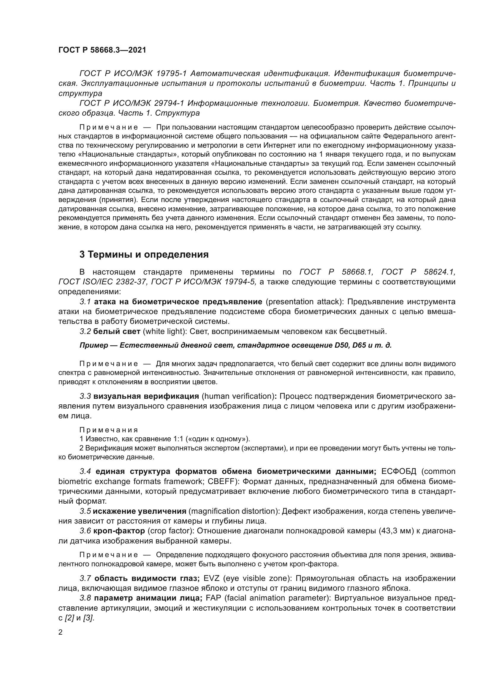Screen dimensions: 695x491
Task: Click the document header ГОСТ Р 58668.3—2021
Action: click(102, 50)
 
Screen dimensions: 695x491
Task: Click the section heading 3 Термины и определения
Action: click(144, 255)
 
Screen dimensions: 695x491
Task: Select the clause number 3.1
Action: click(85, 302)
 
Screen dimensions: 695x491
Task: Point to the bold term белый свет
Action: click(116, 332)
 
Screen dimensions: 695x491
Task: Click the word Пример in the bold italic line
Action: click(94, 345)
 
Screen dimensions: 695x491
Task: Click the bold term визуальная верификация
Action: click(146, 396)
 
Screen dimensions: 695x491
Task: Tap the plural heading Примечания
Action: click(109, 430)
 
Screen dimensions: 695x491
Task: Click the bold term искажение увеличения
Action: click(140, 511)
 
